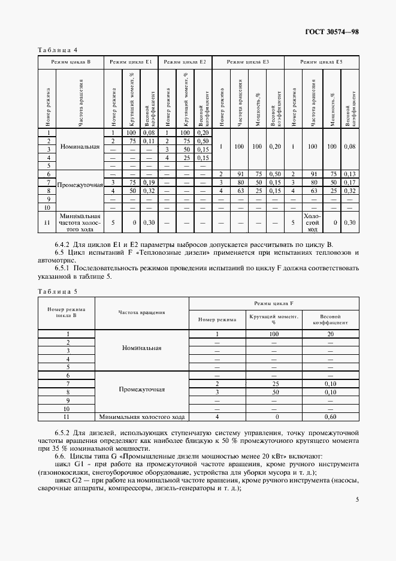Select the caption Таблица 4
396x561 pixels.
[x=57, y=50]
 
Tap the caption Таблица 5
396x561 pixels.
[x=57, y=291]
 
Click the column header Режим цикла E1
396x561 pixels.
[x=131, y=62]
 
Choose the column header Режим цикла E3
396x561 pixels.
[x=249, y=62]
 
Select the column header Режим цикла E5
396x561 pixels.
[x=322, y=62]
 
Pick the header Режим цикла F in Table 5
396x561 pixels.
[x=274, y=304]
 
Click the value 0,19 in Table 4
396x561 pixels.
[x=149, y=182]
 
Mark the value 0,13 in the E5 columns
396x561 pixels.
[x=350, y=173]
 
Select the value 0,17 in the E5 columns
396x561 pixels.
[x=350, y=182]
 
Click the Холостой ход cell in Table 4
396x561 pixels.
[x=312, y=222]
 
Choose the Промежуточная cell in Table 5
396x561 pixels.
[x=141, y=389]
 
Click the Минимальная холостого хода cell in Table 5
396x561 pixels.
[x=141, y=417]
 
